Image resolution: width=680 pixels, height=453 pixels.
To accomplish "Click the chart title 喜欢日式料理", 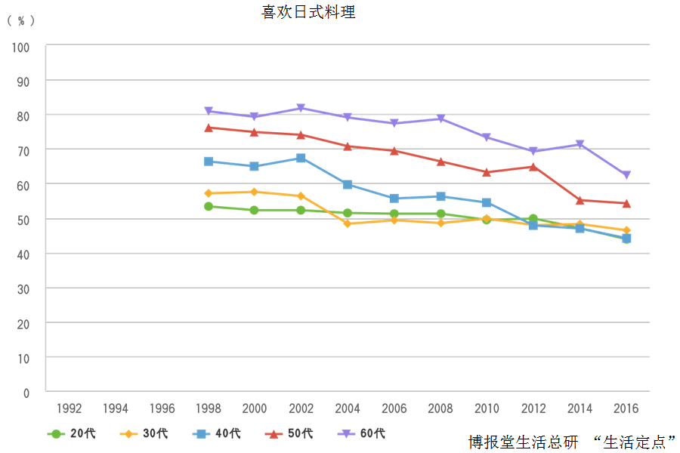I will point(308,13).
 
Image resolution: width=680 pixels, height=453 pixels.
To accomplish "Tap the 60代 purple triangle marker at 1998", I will point(209,112).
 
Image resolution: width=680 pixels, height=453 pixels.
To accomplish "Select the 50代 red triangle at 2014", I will point(580,200).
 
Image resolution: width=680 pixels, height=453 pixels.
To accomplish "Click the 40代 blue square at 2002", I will point(301,158).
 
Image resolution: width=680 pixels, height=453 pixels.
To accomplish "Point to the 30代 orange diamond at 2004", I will point(348,223).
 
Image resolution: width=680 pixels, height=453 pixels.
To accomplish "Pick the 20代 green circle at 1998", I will point(209,206).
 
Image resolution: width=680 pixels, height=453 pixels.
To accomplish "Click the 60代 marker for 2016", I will point(626,175).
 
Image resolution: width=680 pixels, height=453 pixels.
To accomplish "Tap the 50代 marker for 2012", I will point(533,166).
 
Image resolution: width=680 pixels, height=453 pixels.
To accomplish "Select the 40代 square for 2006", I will point(394,199).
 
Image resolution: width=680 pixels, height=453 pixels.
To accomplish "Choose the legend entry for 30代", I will point(144,433).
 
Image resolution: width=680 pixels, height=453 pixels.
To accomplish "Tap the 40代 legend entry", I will point(217,433).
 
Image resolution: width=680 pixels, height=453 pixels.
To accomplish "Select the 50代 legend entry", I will point(289,433).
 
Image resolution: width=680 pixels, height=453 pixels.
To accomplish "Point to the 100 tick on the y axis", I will point(21,47).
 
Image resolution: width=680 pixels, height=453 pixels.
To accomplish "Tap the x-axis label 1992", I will point(70,408).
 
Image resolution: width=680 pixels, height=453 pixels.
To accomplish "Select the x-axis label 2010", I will point(487,408).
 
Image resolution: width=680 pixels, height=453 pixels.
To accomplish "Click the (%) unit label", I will point(21,21).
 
